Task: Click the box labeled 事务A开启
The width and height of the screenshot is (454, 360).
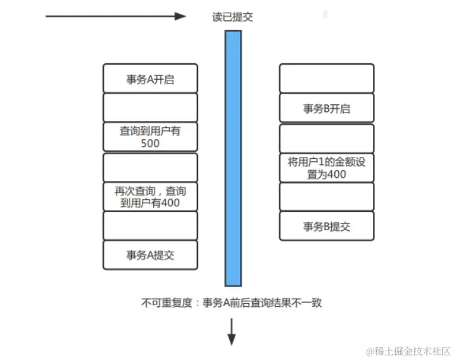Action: click(150, 78)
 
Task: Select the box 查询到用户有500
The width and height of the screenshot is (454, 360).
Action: click(150, 137)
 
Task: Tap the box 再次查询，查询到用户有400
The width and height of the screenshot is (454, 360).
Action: click(150, 196)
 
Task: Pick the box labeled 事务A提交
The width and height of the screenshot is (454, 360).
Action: click(150, 255)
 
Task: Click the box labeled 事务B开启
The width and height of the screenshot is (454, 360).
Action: click(326, 108)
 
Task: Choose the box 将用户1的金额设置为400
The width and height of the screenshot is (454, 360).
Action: click(326, 167)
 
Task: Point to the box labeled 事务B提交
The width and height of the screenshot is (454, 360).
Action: click(326, 226)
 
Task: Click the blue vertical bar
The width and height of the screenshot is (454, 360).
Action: click(233, 158)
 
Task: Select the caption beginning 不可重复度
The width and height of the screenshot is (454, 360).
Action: click(232, 303)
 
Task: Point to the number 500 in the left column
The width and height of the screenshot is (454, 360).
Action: click(151, 144)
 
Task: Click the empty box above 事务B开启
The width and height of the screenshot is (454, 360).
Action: click(326, 78)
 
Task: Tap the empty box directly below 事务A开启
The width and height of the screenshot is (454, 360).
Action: click(150, 108)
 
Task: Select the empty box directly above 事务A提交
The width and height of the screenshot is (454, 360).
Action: click(150, 226)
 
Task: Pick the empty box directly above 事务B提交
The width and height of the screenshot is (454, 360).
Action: click(326, 197)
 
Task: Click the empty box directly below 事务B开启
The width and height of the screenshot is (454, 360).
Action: click(326, 138)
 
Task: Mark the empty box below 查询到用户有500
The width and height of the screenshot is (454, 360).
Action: click(150, 167)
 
